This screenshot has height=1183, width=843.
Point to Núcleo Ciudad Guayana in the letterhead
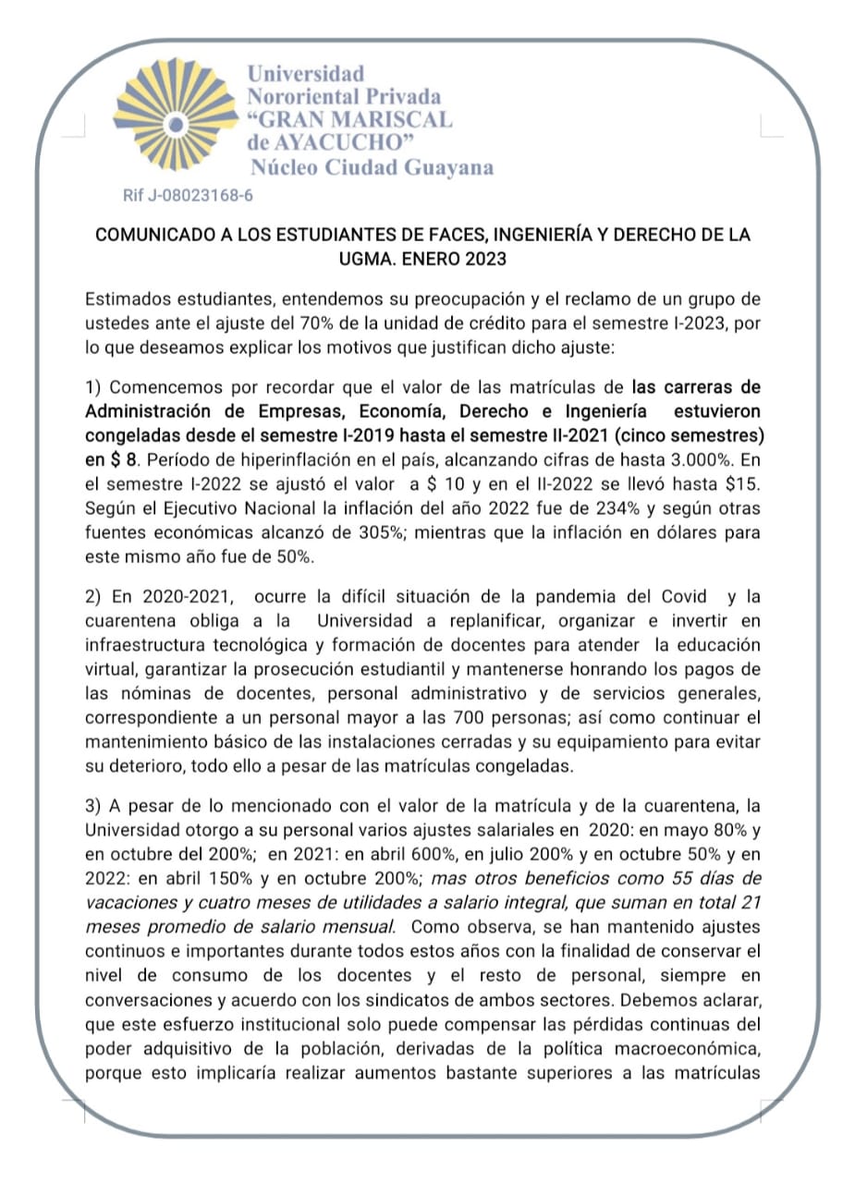372,167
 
